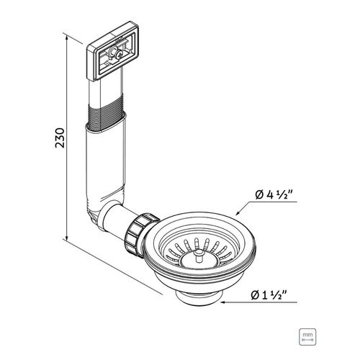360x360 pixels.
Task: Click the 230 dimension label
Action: tap(60, 138)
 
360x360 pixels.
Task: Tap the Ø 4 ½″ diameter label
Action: tap(274, 194)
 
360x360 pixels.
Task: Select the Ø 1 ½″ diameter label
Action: tap(269, 295)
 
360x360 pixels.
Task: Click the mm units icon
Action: tap(307, 337)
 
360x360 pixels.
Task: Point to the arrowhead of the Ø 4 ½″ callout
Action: tap(238, 212)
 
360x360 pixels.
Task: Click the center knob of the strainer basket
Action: tap(198, 256)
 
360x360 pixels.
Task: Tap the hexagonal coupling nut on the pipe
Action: tap(140, 233)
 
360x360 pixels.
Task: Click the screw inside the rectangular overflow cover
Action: tap(118, 55)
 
